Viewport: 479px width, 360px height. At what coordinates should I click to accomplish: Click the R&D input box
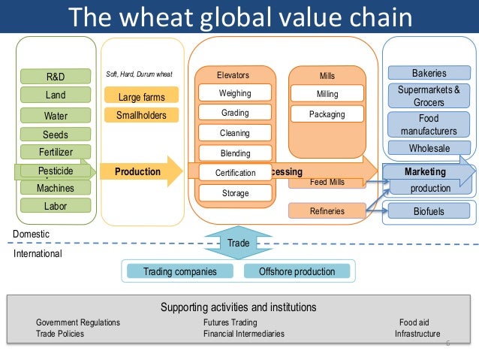[x=56, y=76]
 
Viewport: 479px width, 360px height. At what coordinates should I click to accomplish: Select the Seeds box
[x=56, y=135]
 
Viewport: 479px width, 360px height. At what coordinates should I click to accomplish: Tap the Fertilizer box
[x=56, y=152]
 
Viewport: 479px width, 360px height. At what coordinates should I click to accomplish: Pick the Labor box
[x=56, y=204]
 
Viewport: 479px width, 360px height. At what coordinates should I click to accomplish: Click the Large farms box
[x=141, y=96]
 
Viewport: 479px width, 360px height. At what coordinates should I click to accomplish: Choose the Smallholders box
[x=141, y=115]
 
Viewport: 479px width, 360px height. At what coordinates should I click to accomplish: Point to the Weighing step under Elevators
[x=235, y=94]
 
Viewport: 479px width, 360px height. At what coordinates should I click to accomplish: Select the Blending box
[x=235, y=153]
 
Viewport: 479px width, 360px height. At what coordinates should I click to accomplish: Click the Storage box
[x=235, y=193]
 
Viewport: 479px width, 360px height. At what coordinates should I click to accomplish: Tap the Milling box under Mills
[x=327, y=94]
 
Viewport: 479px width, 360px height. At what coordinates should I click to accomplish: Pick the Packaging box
[x=327, y=114]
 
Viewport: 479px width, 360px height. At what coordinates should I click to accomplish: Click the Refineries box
[x=327, y=211]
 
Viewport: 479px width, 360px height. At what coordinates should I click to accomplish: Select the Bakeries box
[x=429, y=74]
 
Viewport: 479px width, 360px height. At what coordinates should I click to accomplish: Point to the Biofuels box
[x=429, y=212]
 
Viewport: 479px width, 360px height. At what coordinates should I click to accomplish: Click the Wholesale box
[x=429, y=149]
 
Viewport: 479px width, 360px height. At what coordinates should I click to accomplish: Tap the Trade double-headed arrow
[x=238, y=244]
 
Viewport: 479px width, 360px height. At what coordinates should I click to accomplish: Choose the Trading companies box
[x=180, y=271]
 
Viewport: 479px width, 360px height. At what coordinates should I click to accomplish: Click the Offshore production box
[x=297, y=271]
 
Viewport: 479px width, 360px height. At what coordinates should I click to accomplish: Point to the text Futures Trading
[x=230, y=322]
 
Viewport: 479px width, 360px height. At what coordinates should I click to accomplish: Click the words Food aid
[x=414, y=322]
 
